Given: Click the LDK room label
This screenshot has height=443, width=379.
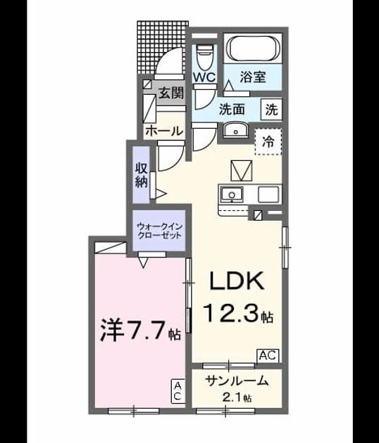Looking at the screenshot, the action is [x=237, y=281].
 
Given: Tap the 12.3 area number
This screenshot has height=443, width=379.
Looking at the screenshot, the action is [x=231, y=313].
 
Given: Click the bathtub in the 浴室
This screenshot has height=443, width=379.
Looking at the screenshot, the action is [x=252, y=49].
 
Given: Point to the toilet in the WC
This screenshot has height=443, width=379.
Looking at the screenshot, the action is [x=204, y=57].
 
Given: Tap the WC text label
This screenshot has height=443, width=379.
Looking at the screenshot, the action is [x=204, y=77].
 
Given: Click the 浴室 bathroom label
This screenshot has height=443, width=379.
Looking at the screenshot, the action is [x=253, y=77].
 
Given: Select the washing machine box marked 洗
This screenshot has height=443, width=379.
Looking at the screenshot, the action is [x=271, y=109].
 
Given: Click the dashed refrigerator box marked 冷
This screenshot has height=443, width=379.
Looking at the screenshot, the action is [x=268, y=142].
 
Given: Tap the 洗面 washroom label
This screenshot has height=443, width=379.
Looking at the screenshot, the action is [x=232, y=109].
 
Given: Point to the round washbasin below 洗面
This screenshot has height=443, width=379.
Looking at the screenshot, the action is [x=235, y=131].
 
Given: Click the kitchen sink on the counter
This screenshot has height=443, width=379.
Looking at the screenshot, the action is [x=232, y=195].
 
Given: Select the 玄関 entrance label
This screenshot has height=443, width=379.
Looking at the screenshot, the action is [x=171, y=93].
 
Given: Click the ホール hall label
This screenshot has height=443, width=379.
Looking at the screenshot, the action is [x=164, y=131].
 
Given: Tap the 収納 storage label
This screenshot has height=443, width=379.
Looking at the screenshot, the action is [x=141, y=175].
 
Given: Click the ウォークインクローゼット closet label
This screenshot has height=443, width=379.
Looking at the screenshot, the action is [x=159, y=231].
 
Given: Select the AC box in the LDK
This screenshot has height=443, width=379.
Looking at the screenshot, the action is [x=268, y=355].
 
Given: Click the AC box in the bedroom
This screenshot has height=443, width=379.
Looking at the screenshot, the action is [x=178, y=391].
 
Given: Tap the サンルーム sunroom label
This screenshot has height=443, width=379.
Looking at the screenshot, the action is [x=237, y=381].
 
